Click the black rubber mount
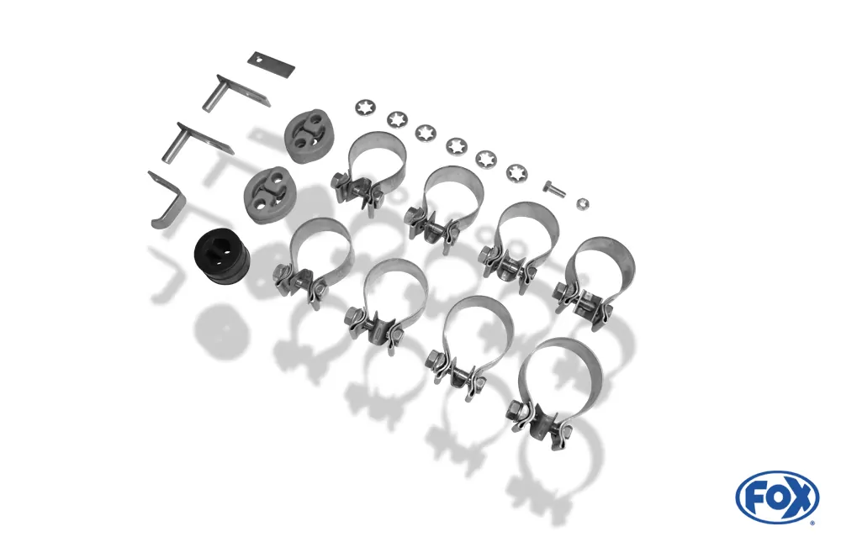pos(222,259)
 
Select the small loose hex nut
pos(583,203)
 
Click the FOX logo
pos(777,497)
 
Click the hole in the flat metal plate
pos(260,60)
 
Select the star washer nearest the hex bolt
pos(517,172)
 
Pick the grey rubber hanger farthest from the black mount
pos(307,134)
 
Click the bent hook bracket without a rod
pos(167,201)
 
